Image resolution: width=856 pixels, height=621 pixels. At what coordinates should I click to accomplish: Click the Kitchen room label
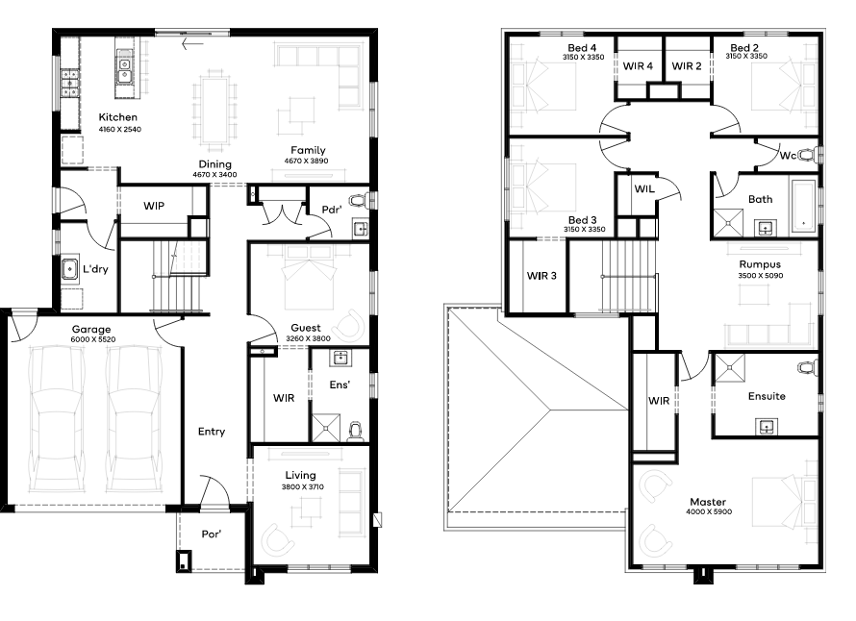118,117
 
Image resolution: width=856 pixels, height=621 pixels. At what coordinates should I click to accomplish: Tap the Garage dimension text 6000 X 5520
92,339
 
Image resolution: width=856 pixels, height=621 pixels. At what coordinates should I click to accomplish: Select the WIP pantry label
154,207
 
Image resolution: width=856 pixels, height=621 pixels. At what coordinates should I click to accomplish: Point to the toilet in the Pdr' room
359,201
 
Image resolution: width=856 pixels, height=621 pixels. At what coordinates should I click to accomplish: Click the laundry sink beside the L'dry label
69,268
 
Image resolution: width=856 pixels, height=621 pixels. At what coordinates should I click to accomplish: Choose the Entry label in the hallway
212,432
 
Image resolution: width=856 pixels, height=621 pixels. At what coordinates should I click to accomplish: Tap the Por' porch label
212,534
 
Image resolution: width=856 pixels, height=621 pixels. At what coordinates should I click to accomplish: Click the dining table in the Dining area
215,111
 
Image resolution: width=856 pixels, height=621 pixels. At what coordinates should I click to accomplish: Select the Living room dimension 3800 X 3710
303,486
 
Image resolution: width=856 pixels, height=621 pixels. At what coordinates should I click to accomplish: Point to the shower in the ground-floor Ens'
326,429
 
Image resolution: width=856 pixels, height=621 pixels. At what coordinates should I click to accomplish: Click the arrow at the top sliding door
192,43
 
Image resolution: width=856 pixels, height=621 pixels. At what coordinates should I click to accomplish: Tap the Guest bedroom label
306,328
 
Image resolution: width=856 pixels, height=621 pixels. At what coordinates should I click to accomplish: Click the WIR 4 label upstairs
638,66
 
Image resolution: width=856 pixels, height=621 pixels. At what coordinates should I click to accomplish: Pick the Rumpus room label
760,264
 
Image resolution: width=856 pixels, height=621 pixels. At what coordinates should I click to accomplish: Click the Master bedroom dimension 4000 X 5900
709,511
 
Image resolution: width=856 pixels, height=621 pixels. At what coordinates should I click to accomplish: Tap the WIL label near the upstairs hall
644,188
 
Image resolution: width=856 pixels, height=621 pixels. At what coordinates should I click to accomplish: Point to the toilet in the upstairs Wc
809,156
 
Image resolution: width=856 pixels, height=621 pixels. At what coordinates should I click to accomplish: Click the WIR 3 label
541,276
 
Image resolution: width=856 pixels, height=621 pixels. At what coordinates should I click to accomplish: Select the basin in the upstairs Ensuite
767,426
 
